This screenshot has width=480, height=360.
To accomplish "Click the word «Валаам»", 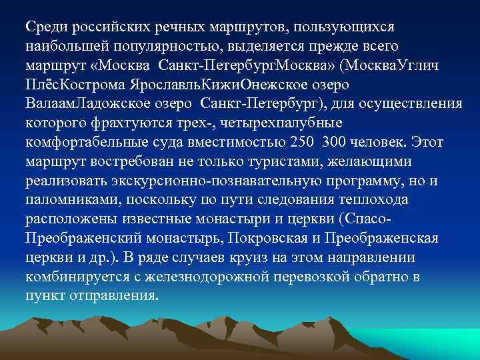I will [51, 105].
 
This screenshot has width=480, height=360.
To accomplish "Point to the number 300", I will [343, 144].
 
